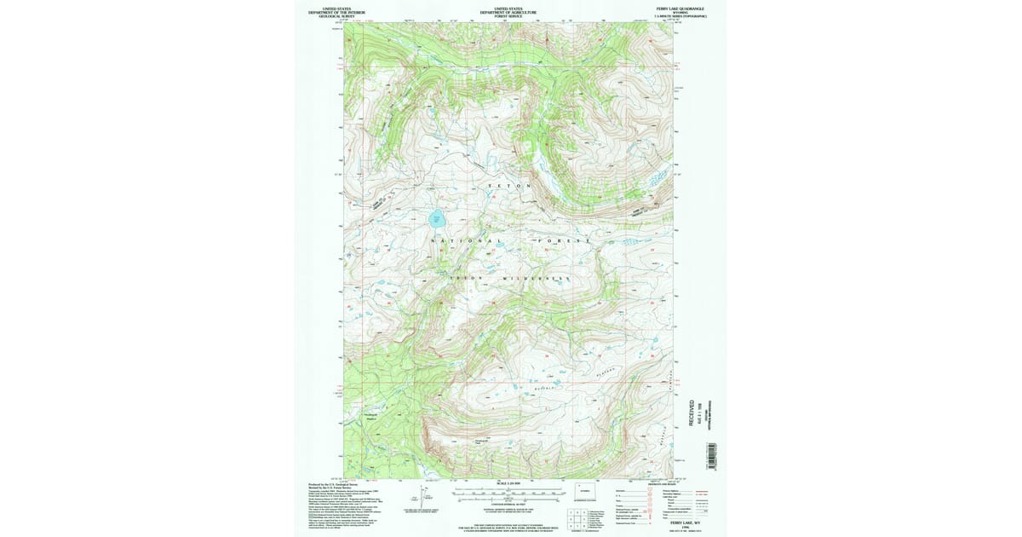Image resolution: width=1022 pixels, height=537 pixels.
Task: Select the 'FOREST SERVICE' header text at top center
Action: point(508,15)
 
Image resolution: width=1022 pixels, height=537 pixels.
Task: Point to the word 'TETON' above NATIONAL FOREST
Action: point(509,186)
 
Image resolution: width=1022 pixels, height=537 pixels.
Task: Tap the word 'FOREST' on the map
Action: point(564,241)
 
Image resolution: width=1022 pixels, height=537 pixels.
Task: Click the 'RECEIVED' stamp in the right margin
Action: point(691,410)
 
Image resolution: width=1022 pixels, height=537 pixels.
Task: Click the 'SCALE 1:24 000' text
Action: point(508,484)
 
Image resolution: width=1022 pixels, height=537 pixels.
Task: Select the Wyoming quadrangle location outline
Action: point(583,493)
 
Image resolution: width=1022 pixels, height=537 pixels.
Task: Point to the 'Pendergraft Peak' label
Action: point(480,442)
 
